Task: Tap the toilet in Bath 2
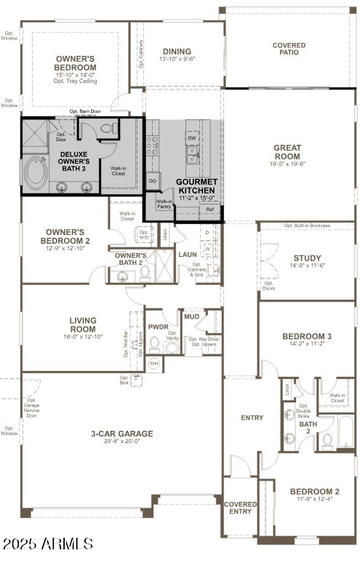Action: click(x=327, y=439)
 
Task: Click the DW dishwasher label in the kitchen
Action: click(x=192, y=138)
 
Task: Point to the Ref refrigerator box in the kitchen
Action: click(x=209, y=210)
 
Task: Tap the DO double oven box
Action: click(x=153, y=180)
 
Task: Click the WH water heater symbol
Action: click(x=153, y=362)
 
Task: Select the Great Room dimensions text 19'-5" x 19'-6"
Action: click(x=287, y=164)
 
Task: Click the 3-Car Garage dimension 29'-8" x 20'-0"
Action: click(x=121, y=441)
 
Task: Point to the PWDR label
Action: click(x=159, y=327)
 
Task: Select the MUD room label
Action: click(x=192, y=317)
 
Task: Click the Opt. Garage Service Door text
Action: click(x=32, y=407)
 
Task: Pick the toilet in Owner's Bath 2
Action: click(x=144, y=274)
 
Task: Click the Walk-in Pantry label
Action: click(x=164, y=204)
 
